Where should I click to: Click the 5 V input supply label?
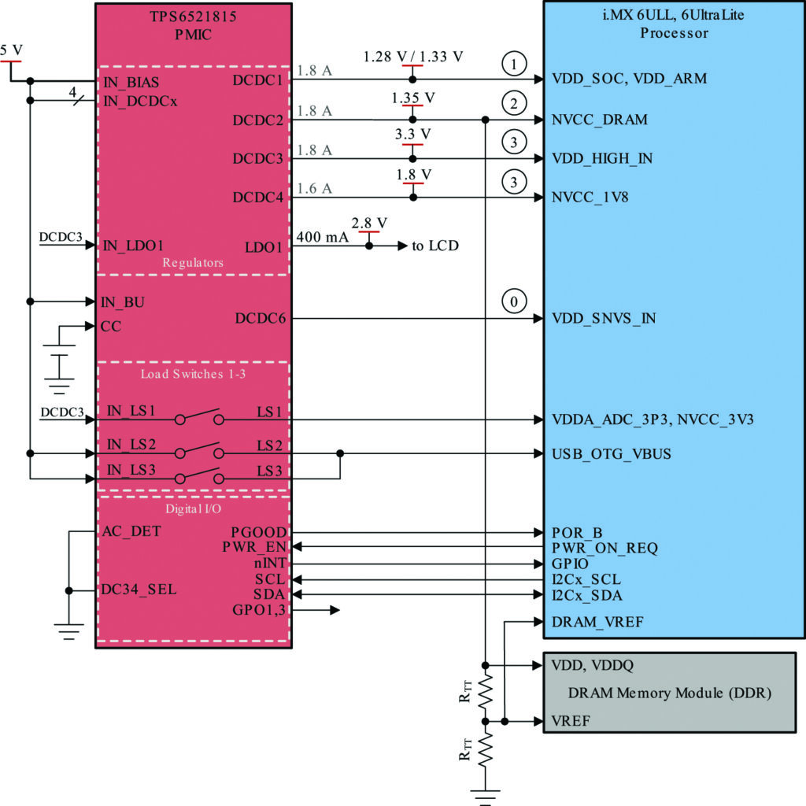12,50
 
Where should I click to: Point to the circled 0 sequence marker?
514,302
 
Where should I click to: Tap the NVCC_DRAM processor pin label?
600,120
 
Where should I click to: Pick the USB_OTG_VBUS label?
612,454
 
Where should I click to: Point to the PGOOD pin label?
260,533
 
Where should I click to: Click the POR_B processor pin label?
577,533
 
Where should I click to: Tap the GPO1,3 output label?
261,610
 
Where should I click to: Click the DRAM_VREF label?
598,622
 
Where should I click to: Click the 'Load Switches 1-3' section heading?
194,374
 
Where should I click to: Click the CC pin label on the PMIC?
110,326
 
